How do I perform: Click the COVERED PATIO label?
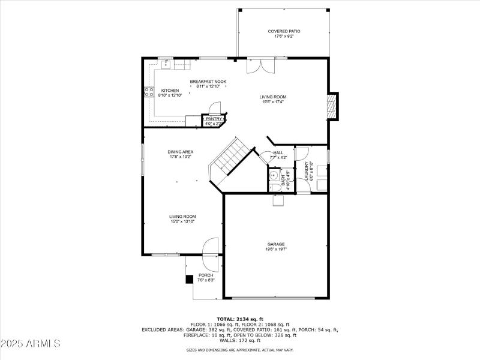(x=284, y=34)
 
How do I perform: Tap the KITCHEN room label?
(x=170, y=93)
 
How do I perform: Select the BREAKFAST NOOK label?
(x=208, y=84)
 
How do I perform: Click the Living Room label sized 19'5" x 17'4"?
(x=272, y=99)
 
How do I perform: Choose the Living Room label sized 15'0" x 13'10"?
(x=182, y=219)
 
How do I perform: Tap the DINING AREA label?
(x=180, y=154)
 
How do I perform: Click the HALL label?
(x=279, y=155)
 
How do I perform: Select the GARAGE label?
(x=276, y=247)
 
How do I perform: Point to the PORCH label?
(x=206, y=277)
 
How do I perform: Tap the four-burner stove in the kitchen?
(x=148, y=92)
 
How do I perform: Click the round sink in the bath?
(x=274, y=176)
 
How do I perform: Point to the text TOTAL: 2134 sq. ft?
(x=240, y=319)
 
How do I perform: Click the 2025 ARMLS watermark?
(x=31, y=344)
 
